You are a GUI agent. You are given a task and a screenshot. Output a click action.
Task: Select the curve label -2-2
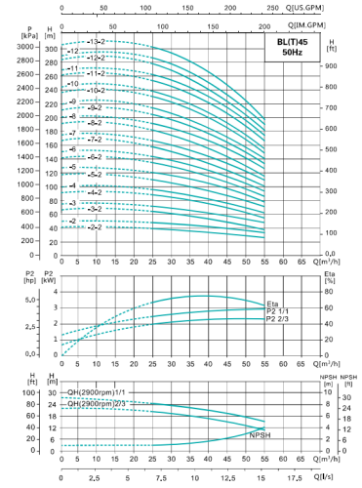click(94, 226)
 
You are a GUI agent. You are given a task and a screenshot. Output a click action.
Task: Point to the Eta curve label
click(272, 305)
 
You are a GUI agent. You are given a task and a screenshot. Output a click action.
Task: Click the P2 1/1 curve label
click(278, 312)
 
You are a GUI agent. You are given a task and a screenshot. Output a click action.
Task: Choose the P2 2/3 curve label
click(278, 320)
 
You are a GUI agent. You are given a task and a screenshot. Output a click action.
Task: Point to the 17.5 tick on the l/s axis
click(293, 477)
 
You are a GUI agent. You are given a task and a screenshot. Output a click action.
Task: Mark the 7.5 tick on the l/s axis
click(159, 477)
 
